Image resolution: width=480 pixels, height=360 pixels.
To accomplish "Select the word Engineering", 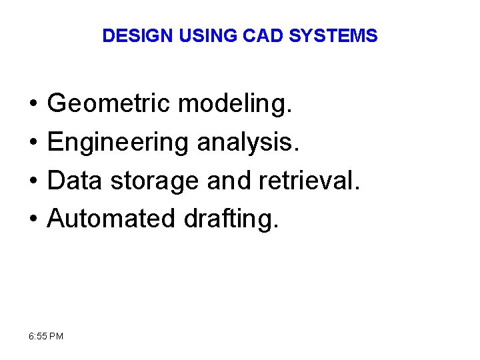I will pyautogui.click(x=117, y=142).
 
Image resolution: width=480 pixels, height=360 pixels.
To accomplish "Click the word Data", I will pyautogui.click(x=75, y=180).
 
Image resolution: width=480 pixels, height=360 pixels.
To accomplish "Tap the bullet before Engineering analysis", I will pyautogui.click(x=33, y=143).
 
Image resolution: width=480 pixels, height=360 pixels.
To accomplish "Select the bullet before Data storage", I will pyautogui.click(x=33, y=181).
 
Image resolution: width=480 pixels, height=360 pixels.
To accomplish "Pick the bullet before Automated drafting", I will pyautogui.click(x=33, y=218).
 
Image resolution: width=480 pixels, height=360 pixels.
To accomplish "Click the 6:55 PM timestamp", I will pyautogui.click(x=47, y=336).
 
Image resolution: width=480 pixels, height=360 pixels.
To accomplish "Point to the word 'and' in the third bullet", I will pyautogui.click(x=225, y=180).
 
